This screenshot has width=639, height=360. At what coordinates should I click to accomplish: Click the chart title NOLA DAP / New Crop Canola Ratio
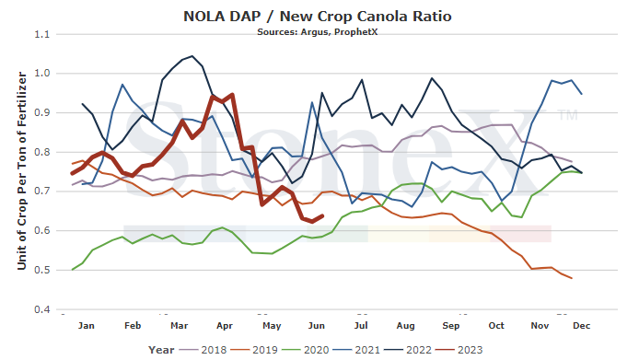(x=318, y=17)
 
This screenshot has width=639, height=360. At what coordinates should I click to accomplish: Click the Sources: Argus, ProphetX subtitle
(x=318, y=32)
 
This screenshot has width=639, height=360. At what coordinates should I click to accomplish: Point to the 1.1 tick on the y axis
(x=42, y=34)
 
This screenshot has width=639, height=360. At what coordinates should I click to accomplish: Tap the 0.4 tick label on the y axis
(x=42, y=309)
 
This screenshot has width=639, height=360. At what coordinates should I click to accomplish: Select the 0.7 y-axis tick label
(x=42, y=192)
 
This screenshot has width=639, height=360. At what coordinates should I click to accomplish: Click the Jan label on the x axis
(x=87, y=325)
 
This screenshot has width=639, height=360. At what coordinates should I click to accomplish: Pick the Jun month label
(x=317, y=325)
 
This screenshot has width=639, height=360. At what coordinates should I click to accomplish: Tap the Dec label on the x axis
(x=582, y=325)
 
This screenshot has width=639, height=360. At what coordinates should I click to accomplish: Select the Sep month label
(x=451, y=325)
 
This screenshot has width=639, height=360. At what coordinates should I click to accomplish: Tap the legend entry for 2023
(x=459, y=350)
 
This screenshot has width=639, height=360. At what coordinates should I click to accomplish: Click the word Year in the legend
(x=161, y=350)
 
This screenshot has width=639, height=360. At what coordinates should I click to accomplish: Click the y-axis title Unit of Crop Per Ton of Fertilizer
(x=21, y=171)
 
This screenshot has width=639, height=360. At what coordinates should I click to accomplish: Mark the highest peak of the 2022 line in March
(x=192, y=56)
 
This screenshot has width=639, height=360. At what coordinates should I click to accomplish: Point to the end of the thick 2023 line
(x=323, y=215)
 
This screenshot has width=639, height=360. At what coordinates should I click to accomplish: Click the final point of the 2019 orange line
(x=572, y=278)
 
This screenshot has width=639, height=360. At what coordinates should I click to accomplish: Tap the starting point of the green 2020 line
(x=73, y=270)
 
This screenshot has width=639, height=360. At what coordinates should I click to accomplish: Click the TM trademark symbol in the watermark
(x=568, y=115)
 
